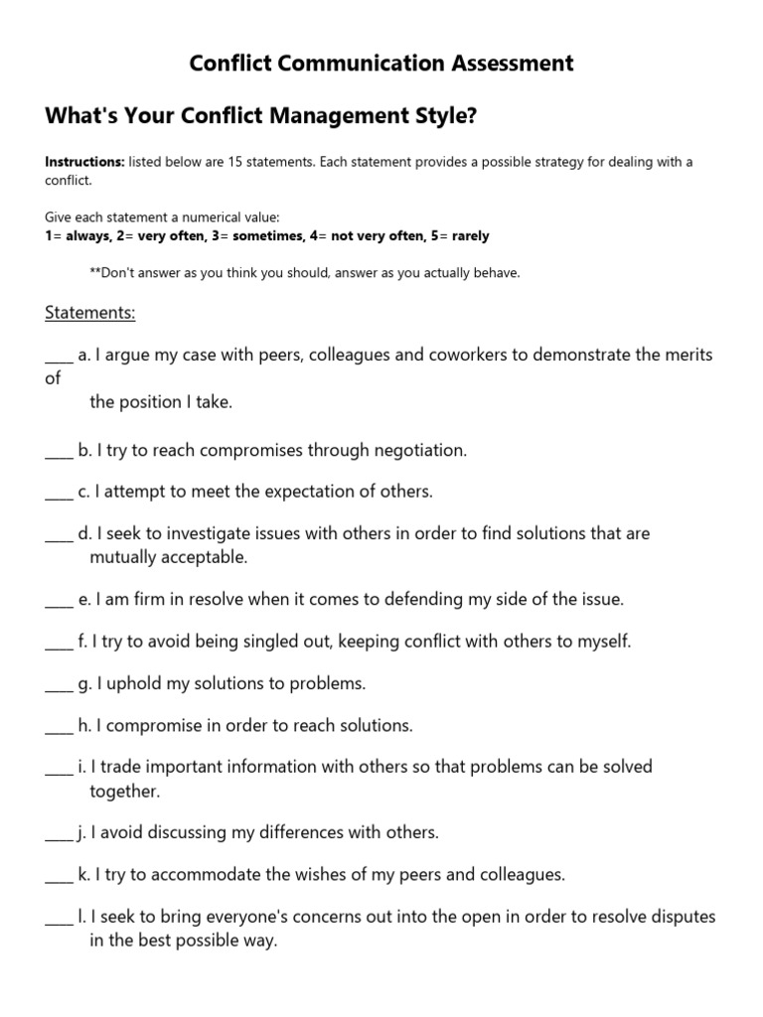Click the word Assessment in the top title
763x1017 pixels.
pos(504,64)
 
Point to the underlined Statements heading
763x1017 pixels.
pos(89,313)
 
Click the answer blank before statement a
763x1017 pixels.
pos(59,356)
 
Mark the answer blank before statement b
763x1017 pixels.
pos(59,451)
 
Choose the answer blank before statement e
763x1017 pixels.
pos(59,600)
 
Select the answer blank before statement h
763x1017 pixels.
pos(59,726)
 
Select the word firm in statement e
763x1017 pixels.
pos(149,600)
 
